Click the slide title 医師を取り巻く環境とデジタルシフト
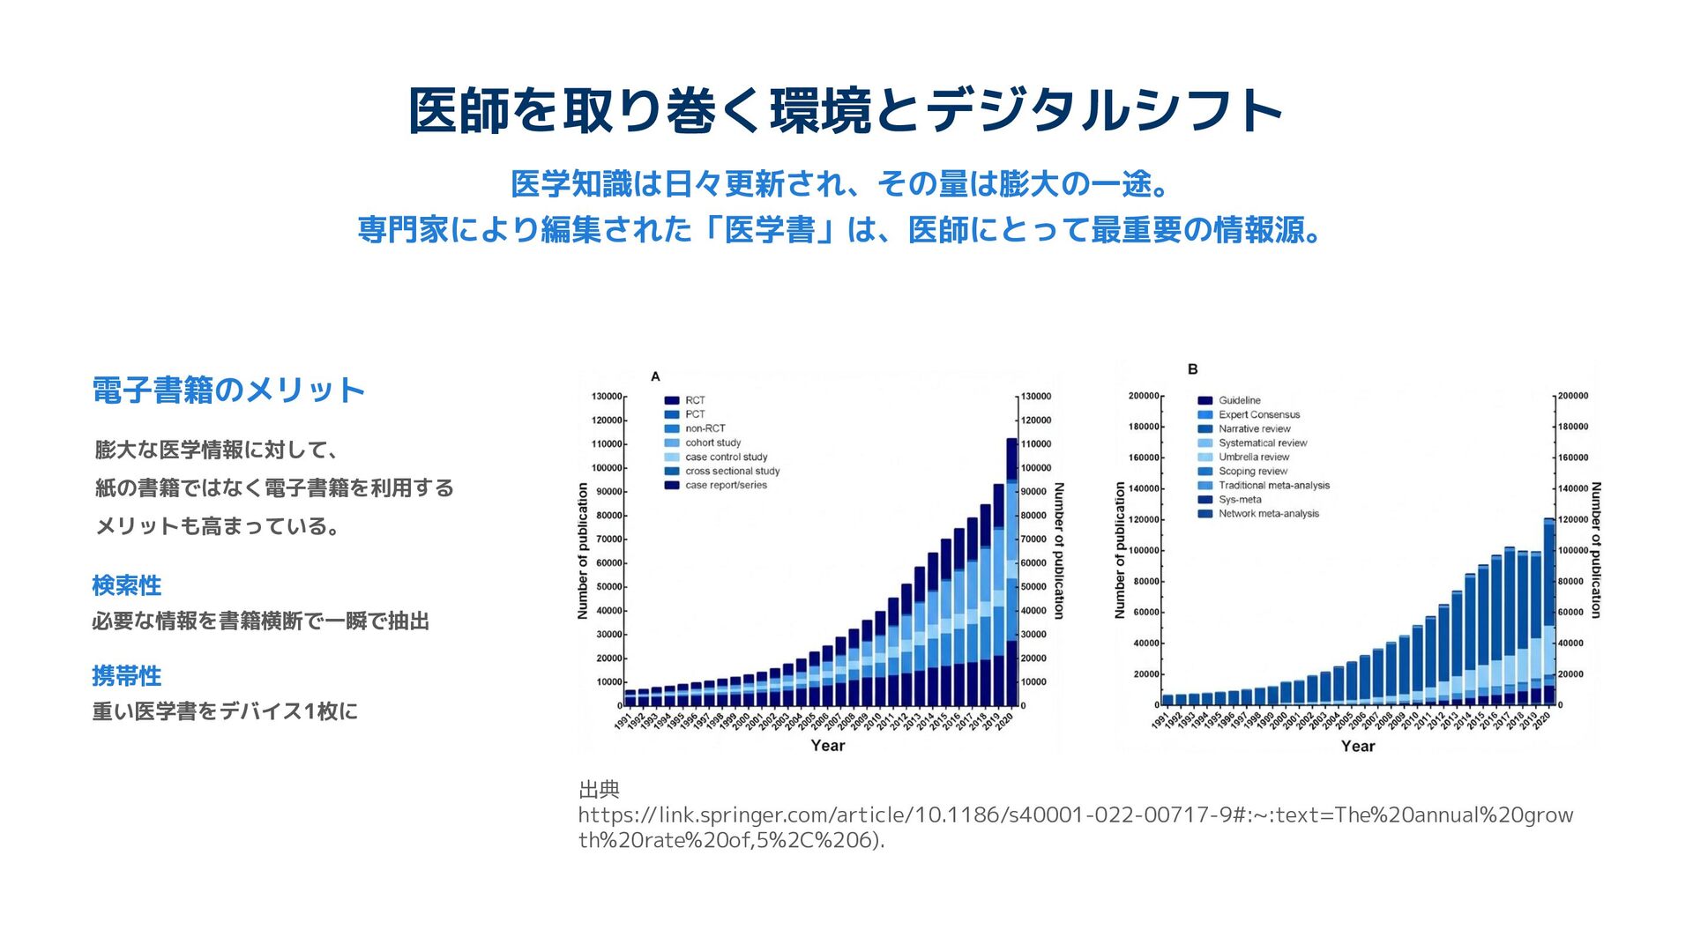[845, 111]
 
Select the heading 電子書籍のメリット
[228, 390]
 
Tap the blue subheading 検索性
[126, 585]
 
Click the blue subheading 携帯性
[126, 676]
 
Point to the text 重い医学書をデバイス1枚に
[225, 711]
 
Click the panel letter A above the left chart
[655, 376]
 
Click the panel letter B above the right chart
[1192, 369]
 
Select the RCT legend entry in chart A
[695, 400]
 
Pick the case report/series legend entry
[726, 485]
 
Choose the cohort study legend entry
[712, 443]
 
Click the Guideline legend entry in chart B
[1239, 400]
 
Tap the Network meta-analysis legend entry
[1268, 513]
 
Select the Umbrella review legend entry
[1253, 457]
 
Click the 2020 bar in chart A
[1011, 573]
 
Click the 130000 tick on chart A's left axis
[607, 397]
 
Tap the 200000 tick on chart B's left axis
[1144, 396]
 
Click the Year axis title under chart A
[827, 746]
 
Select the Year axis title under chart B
[1358, 747]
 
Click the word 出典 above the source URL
[599, 790]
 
